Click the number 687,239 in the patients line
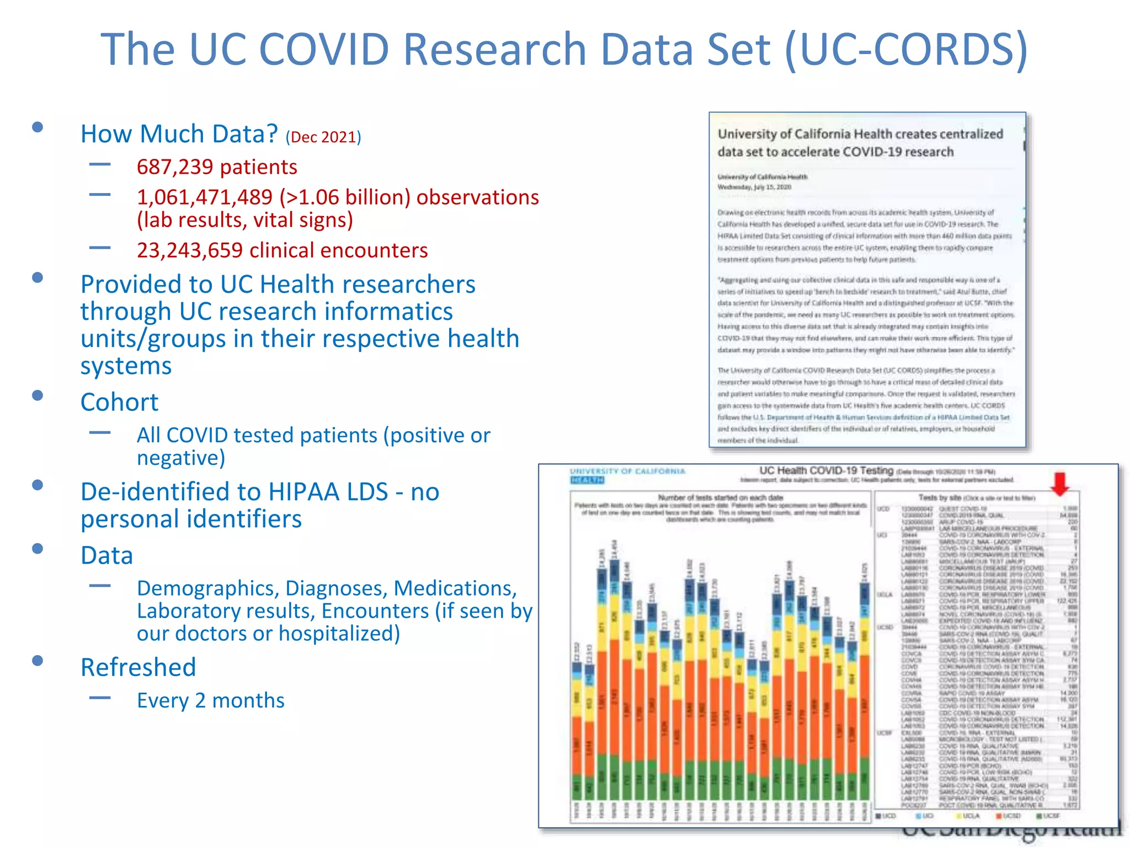point(174,167)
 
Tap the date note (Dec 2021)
point(323,137)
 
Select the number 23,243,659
point(190,250)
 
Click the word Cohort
point(119,402)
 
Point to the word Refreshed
point(138,667)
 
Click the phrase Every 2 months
point(210,700)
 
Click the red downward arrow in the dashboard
point(1060,483)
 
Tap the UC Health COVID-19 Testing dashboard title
point(825,470)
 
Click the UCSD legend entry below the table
point(1008,816)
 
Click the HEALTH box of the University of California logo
point(587,480)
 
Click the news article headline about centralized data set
point(860,143)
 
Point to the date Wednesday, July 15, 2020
point(754,187)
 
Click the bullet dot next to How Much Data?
point(38,127)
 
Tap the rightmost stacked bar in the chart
point(865,689)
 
